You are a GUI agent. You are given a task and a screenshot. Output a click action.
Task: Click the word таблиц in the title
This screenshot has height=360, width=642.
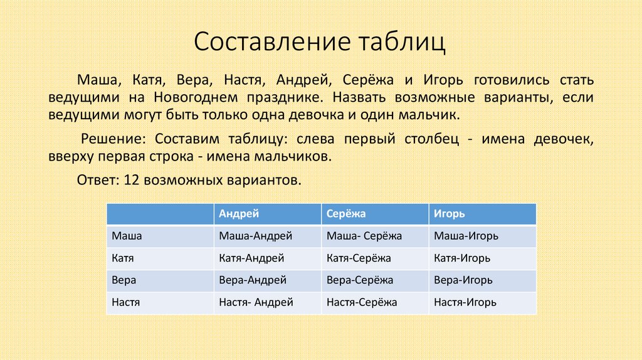[x=401, y=42]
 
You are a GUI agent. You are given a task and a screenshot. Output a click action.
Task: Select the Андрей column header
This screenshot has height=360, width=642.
[x=239, y=214]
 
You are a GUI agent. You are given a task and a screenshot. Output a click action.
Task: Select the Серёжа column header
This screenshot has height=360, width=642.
[x=346, y=214]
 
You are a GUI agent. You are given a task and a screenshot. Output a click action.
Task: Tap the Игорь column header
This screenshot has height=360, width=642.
[x=449, y=214]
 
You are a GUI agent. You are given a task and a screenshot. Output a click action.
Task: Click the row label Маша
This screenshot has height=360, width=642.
[x=127, y=236]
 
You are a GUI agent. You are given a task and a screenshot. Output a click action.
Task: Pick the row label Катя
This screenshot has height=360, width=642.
[x=123, y=258]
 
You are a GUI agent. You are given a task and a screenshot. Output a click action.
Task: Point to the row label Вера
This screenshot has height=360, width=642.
[x=124, y=280]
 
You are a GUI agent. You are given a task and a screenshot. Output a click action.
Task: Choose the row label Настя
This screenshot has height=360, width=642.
[x=125, y=302]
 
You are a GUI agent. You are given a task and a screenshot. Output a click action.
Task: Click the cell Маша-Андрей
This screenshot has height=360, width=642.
[x=256, y=236]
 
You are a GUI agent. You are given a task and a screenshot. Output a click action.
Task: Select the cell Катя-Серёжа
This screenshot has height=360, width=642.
[x=359, y=258]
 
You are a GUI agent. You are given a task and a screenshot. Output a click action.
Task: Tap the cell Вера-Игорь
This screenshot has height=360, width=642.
[x=463, y=280]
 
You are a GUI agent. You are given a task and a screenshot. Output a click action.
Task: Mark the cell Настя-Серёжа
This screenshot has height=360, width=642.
[x=362, y=302]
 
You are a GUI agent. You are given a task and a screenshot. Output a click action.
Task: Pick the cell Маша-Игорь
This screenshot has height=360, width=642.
[x=466, y=236]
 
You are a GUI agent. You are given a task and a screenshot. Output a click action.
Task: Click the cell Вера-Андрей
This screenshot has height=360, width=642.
[x=253, y=280]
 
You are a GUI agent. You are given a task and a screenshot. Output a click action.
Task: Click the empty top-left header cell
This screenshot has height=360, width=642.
[x=160, y=214]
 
